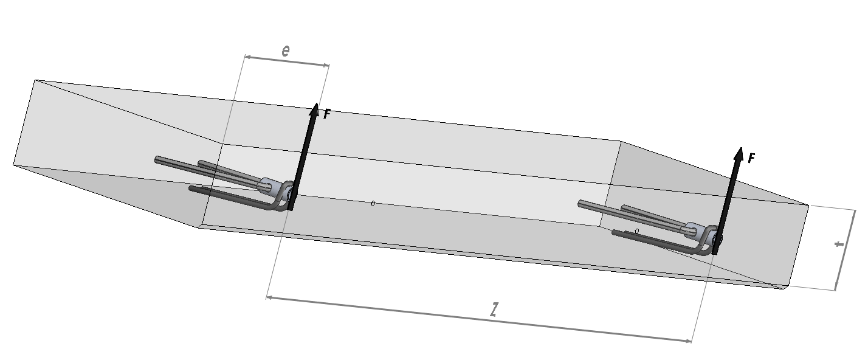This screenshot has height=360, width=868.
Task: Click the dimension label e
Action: pyautogui.click(x=286, y=50)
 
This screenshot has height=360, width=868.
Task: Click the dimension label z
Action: pyautogui.click(x=494, y=310)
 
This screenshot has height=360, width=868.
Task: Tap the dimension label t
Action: pyautogui.click(x=839, y=244)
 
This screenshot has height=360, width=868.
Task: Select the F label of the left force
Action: pyautogui.click(x=326, y=114)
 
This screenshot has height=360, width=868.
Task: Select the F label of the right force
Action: pyautogui.click(x=751, y=157)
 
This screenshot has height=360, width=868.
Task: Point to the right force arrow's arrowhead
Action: pyautogui.click(x=739, y=153)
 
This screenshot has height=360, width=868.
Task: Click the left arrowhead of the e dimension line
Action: pyautogui.click(x=248, y=57)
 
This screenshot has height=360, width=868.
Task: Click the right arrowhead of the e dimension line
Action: pyautogui.click(x=326, y=65)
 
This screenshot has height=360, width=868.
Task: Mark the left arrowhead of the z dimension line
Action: pyautogui.click(x=270, y=297)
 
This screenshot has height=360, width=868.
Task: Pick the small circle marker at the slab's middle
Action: pyautogui.click(x=373, y=204)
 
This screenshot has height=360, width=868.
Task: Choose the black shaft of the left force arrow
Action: pyautogui.click(x=303, y=161)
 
